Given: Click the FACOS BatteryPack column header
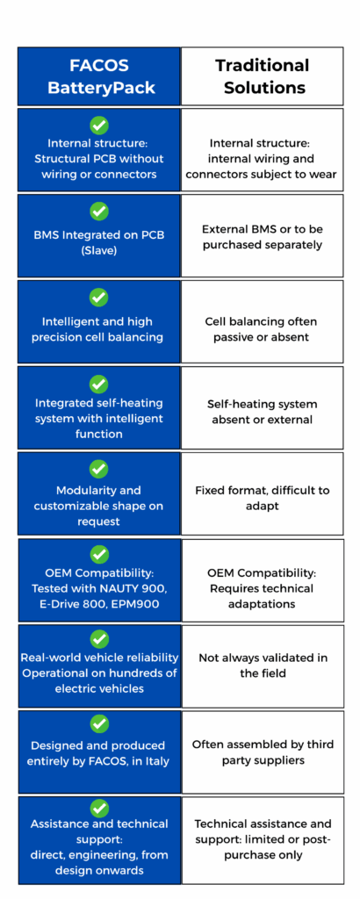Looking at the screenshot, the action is pos(99,76).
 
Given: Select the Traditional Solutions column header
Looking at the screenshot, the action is pos(262,76).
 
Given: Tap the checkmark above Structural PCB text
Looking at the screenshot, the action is pos(99,125).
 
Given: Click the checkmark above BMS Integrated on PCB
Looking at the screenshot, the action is pos(99,211).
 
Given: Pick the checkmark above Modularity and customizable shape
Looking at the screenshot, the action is pos(99,469).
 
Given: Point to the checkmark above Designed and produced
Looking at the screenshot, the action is pos(99,724).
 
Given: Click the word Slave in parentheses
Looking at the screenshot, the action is pos(99,250).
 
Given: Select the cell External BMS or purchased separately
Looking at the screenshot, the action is pos(262,236).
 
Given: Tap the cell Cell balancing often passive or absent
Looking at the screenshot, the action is pos(262,321).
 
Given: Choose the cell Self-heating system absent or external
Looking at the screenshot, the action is pos(262,407).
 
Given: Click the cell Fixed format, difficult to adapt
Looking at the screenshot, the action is pos(262,493).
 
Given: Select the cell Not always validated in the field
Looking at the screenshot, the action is pos(263,665).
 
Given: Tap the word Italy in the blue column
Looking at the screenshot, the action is pos(152,761).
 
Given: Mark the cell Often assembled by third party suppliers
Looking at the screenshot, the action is pos(263,752).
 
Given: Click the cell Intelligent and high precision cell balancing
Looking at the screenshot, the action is pos(99,321).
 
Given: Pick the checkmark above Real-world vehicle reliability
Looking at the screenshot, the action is pos(99,638).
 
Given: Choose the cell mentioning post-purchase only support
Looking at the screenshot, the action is pos(263,840).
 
